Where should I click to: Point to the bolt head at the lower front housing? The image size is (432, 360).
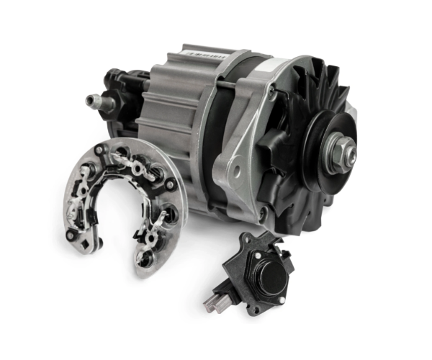tap(261, 214)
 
